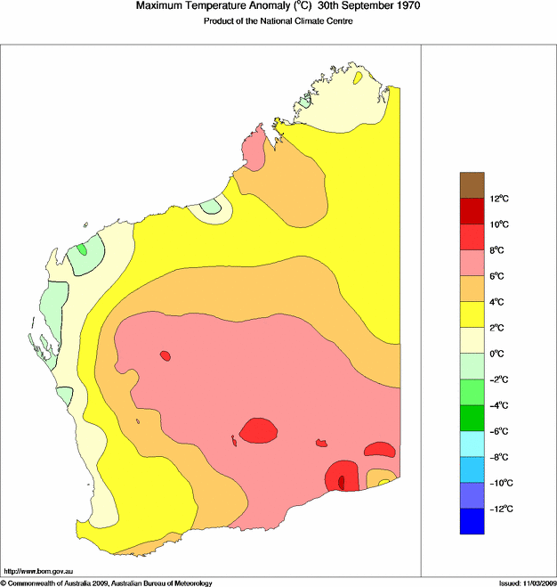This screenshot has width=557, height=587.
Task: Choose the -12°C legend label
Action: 499,509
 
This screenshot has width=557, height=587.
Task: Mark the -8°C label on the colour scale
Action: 499,457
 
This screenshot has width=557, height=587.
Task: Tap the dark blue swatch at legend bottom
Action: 471,521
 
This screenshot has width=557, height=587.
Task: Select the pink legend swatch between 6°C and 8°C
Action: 471,263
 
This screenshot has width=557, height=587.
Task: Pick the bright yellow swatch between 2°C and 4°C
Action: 471,314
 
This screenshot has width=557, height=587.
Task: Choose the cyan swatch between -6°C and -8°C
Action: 471,444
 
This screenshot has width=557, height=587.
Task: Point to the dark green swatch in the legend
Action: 471,418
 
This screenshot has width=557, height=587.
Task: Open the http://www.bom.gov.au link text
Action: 38,571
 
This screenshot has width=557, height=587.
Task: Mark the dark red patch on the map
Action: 341,481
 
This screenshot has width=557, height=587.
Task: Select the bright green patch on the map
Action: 82,249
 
